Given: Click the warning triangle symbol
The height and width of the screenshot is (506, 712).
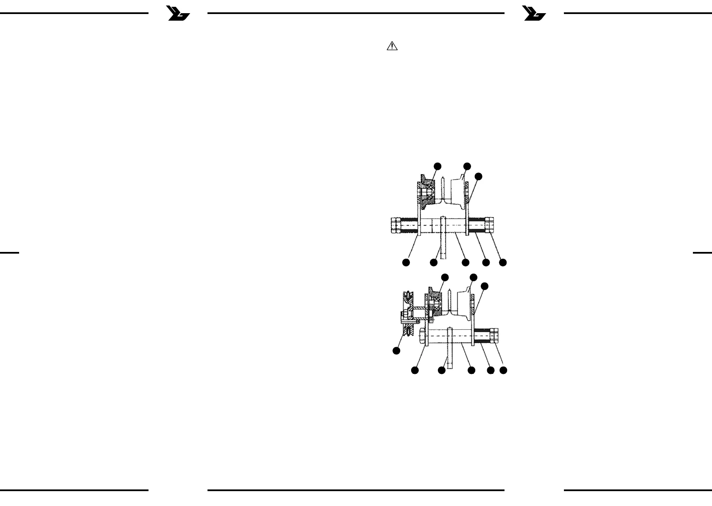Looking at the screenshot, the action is pos(392,47).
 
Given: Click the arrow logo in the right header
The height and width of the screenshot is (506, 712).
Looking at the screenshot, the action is pos(535,14).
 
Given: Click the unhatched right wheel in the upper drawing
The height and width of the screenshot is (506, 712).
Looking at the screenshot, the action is pos(456,194).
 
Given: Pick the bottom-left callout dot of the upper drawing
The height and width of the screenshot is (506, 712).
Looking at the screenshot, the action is pos(406,263).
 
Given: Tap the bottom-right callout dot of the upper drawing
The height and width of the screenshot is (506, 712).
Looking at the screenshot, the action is pos(503,263).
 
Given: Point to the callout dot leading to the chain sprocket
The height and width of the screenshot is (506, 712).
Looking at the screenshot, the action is pos(396,351).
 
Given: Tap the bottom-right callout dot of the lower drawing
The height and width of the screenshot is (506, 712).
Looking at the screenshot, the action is pos(503,370).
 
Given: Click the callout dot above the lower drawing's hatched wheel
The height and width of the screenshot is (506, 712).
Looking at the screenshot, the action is pos(445,277).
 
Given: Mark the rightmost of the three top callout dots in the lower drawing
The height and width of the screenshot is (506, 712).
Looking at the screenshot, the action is pos(484,286).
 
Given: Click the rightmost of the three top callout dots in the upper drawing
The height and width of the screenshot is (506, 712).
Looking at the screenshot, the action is pos(479,176).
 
